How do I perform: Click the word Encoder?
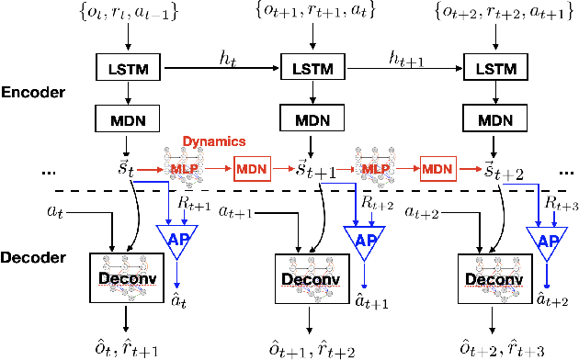[x=34, y=94]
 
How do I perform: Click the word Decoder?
[x=34, y=260]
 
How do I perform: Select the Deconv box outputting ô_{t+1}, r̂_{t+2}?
[x=311, y=278]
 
